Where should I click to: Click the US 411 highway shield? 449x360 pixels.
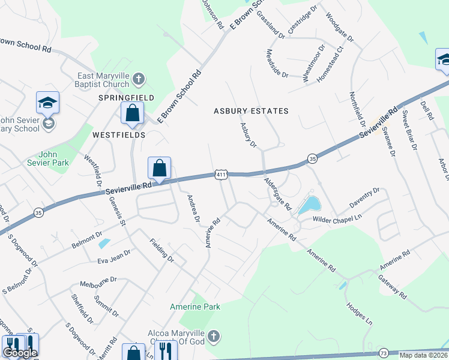221,174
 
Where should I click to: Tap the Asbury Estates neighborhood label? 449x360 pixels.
252,111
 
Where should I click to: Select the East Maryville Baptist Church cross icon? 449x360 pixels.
138,79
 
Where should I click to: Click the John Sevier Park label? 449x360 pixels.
48,158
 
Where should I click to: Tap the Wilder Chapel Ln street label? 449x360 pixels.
337,218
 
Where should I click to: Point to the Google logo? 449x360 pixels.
20,353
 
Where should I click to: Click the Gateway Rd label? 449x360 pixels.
392,287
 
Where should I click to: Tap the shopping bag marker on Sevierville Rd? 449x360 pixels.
160,169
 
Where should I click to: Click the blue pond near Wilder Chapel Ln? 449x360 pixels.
309,205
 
